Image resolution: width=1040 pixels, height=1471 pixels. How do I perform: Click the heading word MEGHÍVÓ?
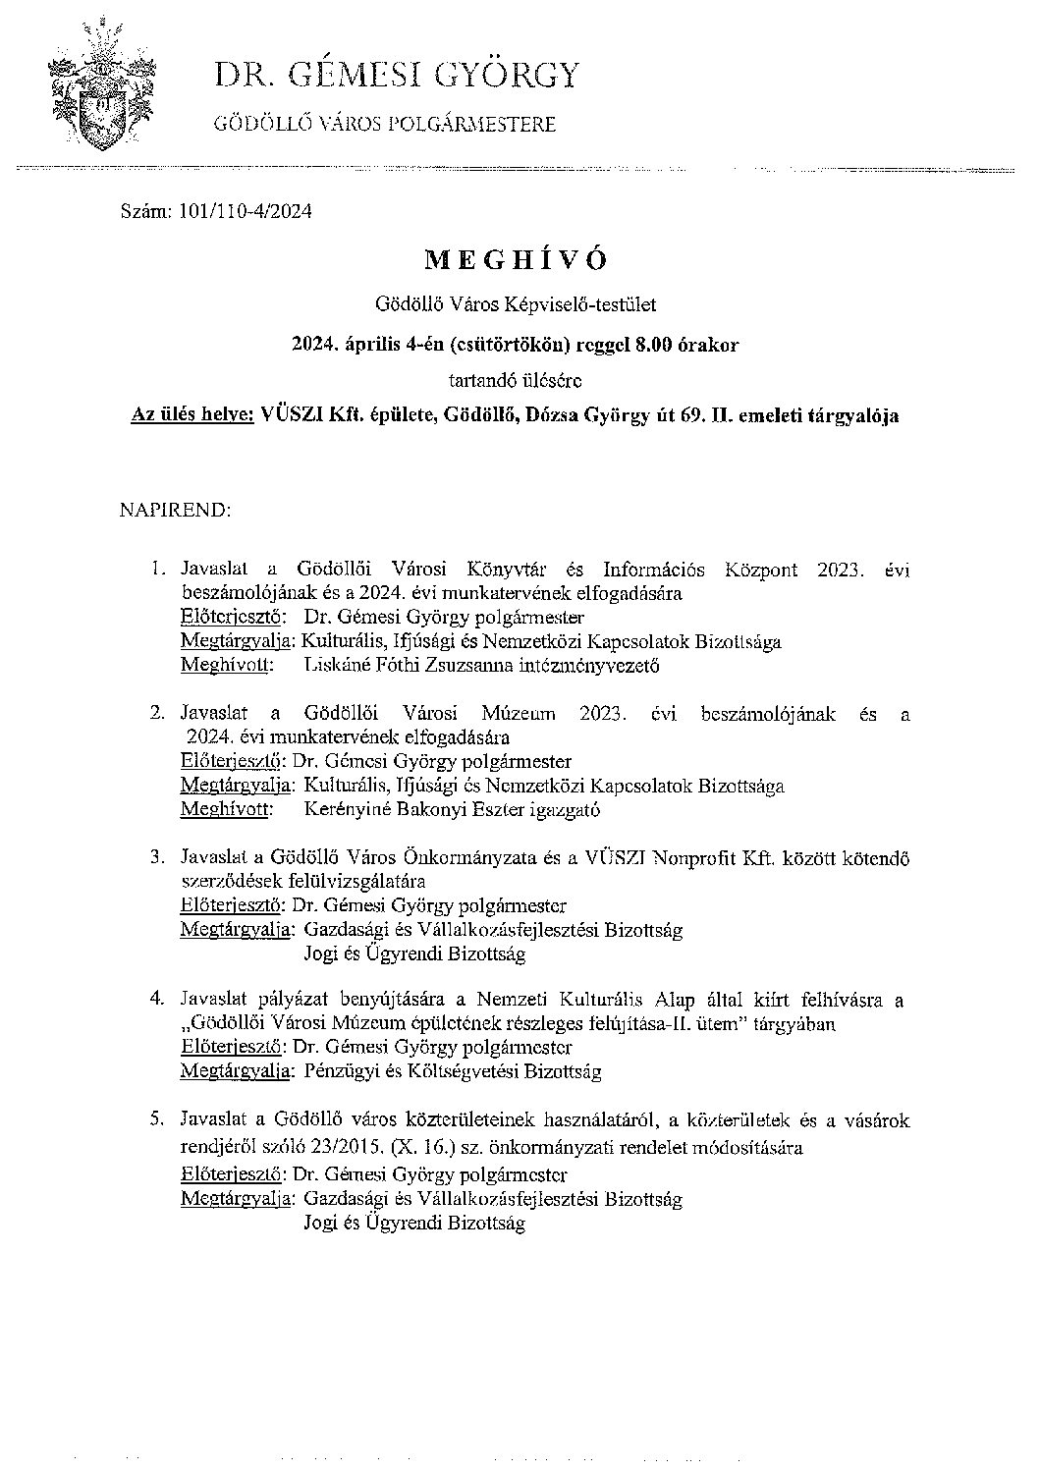click(517, 259)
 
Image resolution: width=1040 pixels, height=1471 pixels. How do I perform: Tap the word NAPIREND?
click(175, 511)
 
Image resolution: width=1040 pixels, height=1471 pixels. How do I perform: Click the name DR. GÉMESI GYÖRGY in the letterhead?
click(398, 76)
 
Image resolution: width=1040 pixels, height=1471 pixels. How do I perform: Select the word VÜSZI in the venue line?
click(287, 415)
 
